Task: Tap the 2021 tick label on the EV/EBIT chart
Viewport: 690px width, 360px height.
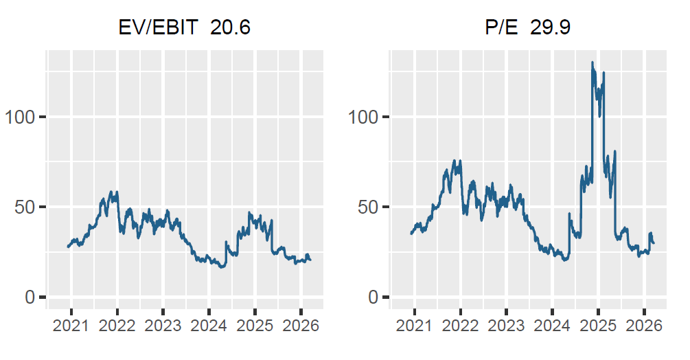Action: pyautogui.click(x=71, y=326)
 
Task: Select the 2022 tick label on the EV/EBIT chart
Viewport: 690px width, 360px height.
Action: pyautogui.click(x=117, y=326)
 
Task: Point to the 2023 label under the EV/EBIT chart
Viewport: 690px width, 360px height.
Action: pyautogui.click(x=163, y=326)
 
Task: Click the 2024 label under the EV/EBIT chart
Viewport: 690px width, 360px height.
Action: pyautogui.click(x=209, y=326)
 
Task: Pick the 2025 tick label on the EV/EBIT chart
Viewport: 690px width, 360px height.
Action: pyautogui.click(x=255, y=326)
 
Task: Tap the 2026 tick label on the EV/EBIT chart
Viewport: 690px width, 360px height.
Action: pyautogui.click(x=301, y=326)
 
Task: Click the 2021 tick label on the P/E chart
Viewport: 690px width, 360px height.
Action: pyautogui.click(x=415, y=326)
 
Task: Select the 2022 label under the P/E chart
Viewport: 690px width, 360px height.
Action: pyautogui.click(x=461, y=326)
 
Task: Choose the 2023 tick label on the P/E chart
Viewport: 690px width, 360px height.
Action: pyautogui.click(x=507, y=326)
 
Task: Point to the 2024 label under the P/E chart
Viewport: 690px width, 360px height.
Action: pyautogui.click(x=553, y=326)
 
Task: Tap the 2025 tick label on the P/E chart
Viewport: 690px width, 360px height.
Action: pyautogui.click(x=598, y=326)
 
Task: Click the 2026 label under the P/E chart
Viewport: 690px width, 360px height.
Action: pyautogui.click(x=644, y=326)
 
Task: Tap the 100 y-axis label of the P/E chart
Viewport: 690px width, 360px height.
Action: pyautogui.click(x=363, y=117)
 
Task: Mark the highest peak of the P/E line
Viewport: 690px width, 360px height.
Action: pyautogui.click(x=593, y=63)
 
